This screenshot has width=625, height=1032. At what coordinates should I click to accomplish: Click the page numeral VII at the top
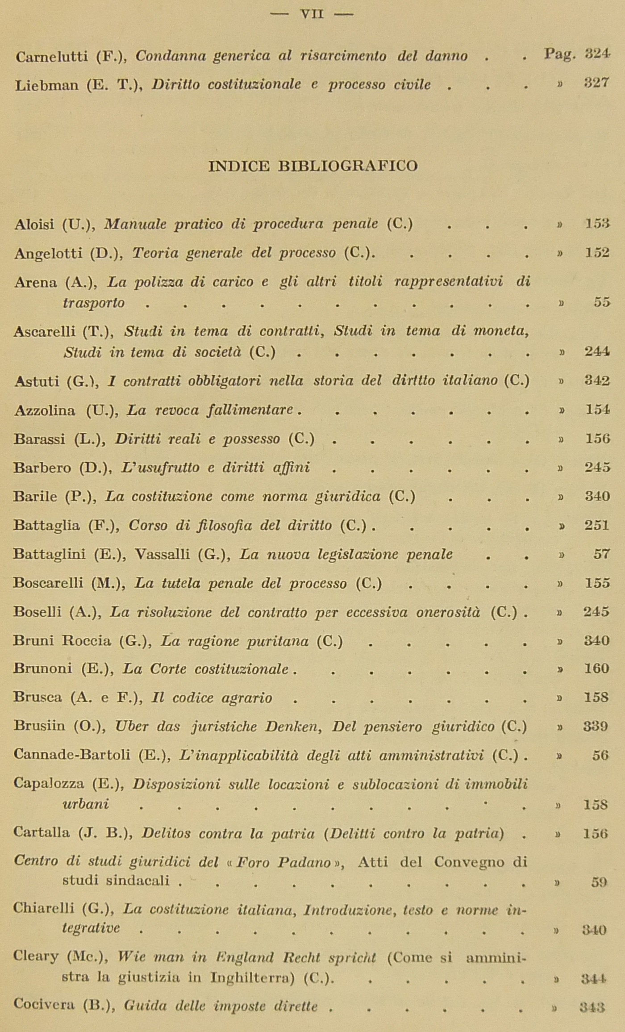312,14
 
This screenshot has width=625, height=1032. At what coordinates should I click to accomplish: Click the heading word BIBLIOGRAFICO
348,166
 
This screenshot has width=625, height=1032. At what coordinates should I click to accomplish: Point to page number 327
597,83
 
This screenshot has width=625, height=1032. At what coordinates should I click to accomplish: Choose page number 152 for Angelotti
597,253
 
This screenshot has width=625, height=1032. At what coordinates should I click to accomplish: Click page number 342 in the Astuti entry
597,381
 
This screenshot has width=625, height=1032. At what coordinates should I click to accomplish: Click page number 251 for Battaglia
597,525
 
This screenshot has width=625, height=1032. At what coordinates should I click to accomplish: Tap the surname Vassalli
163,554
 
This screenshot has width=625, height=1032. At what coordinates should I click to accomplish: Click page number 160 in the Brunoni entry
597,669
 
